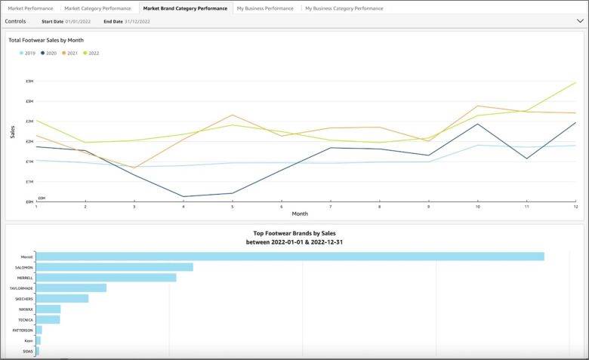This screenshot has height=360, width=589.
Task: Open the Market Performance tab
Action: (x=31, y=8)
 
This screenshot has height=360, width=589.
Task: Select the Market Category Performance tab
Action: (x=97, y=8)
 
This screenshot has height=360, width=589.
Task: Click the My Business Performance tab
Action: (x=264, y=8)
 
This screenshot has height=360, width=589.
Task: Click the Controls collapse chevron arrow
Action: (x=579, y=21)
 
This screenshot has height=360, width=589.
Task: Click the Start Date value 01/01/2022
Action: (x=78, y=21)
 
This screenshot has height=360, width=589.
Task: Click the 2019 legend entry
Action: (x=28, y=54)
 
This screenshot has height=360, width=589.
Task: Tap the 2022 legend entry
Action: (x=91, y=54)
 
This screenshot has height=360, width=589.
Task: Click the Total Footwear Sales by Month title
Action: (x=46, y=40)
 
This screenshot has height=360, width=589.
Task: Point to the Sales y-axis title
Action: (x=12, y=132)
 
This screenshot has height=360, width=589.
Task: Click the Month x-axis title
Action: (x=300, y=214)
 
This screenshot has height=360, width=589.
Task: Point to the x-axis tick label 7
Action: (x=330, y=206)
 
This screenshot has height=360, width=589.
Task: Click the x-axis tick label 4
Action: (x=183, y=206)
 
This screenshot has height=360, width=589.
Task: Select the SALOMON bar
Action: (x=114, y=267)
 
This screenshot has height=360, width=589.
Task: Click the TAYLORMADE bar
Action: (x=71, y=288)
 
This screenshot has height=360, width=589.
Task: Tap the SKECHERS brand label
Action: (x=24, y=298)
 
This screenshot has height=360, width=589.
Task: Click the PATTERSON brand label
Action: (x=23, y=330)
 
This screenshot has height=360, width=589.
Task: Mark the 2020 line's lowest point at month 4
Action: (x=183, y=196)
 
